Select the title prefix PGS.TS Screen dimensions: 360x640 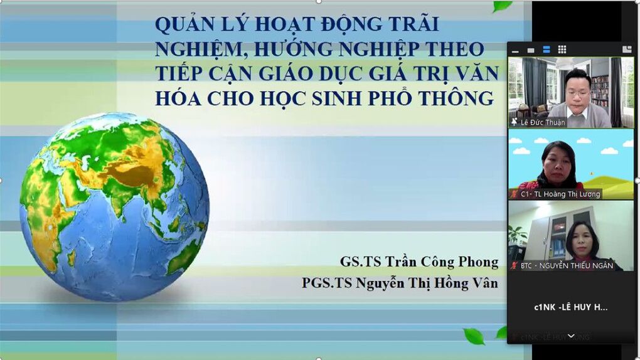[326, 283]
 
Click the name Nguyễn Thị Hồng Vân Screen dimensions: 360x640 [427, 283]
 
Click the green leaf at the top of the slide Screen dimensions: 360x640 [503, 6]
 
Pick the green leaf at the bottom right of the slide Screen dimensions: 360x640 [474, 336]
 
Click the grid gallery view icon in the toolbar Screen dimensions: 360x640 [562, 50]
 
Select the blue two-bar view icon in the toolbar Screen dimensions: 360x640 [547, 50]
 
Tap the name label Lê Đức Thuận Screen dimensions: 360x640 [543, 122]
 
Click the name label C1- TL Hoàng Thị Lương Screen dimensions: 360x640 [560, 194]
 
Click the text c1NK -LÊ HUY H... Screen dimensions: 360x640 [570, 307]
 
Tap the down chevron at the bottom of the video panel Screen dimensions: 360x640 [571, 337]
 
